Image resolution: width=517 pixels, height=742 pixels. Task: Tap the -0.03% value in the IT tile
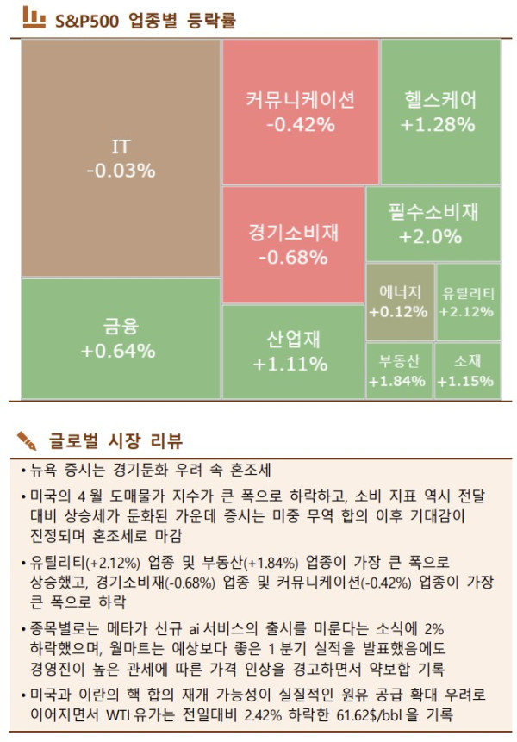(121, 171)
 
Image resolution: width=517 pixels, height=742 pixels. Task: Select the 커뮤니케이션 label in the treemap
(300, 100)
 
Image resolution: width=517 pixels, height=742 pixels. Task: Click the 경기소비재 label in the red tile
(294, 233)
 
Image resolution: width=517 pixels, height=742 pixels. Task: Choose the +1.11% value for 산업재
(290, 364)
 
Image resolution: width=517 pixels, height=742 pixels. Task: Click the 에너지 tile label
(398, 291)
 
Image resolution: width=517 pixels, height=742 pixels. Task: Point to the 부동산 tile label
(397, 359)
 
